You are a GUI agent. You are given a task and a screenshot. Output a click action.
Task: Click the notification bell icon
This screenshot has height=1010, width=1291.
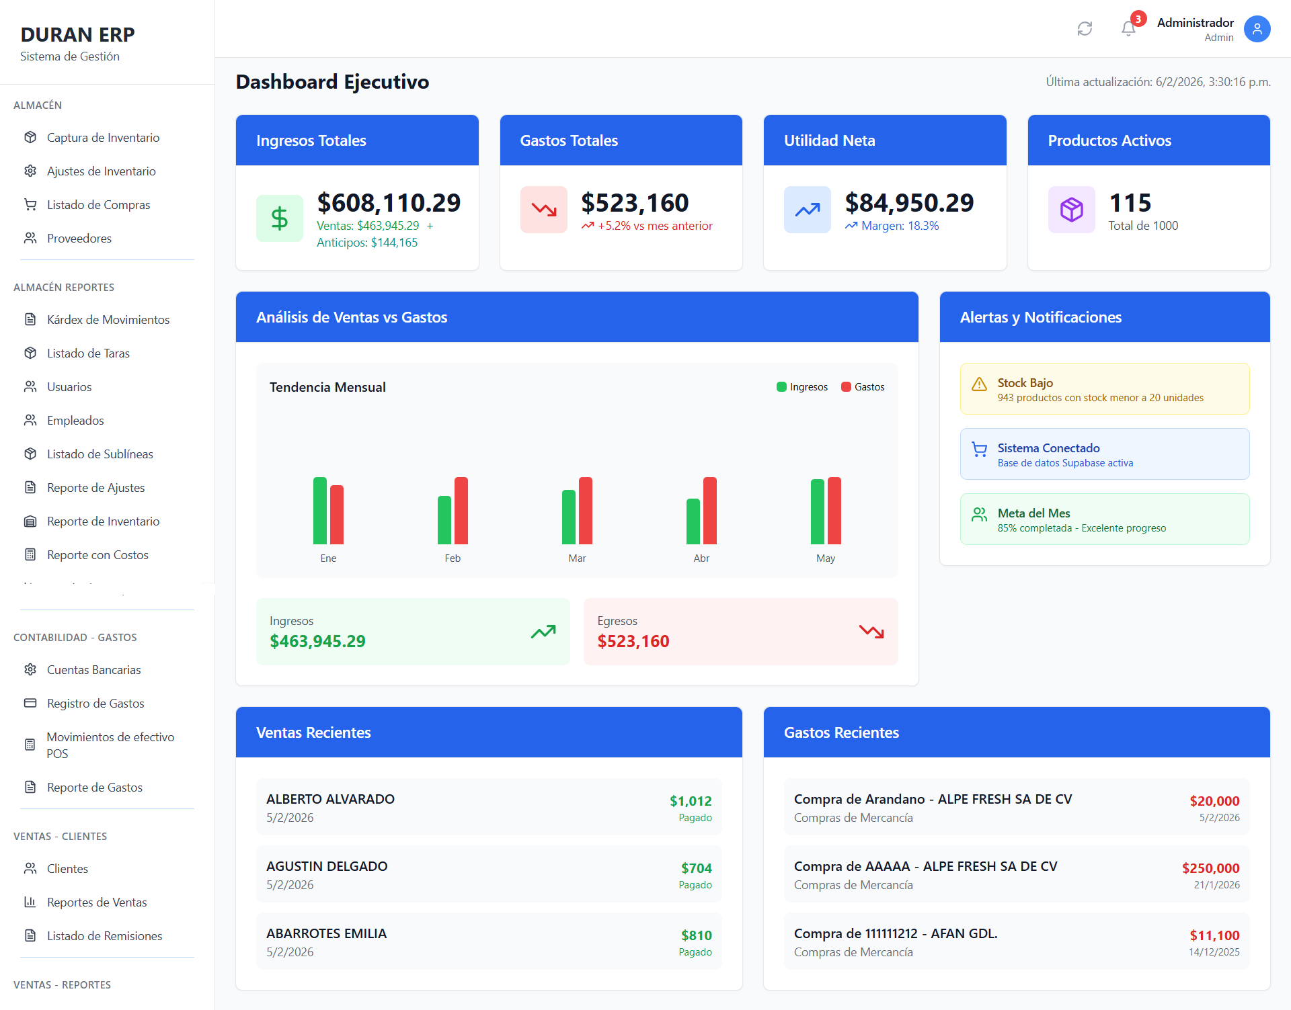click(1128, 29)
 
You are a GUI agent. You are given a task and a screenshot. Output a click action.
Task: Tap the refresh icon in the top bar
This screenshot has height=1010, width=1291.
click(1085, 29)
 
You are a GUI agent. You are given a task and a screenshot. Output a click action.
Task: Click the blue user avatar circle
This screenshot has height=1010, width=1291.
click(1256, 29)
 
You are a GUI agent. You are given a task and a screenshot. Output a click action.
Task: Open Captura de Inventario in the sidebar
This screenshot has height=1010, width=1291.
click(103, 138)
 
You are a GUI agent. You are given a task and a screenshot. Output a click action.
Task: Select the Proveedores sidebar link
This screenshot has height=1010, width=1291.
click(79, 239)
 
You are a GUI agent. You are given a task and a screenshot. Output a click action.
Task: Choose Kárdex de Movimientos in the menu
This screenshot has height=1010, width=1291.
click(108, 320)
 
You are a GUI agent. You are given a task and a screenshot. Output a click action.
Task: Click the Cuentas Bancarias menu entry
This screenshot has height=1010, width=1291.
click(93, 670)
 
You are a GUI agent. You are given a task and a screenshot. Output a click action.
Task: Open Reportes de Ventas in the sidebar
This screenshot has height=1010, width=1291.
click(96, 902)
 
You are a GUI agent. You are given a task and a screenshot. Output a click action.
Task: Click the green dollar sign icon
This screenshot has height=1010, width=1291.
click(279, 218)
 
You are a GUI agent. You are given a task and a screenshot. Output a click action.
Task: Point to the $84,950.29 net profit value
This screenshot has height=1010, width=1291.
click(909, 203)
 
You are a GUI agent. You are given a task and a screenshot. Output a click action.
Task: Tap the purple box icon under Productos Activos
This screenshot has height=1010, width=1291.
click(1071, 210)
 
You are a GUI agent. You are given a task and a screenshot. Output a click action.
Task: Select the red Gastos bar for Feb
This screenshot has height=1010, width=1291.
click(461, 511)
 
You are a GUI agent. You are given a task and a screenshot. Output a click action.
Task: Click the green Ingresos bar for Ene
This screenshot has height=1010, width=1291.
click(320, 511)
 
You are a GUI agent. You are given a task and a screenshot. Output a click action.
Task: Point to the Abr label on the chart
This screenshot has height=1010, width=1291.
click(701, 558)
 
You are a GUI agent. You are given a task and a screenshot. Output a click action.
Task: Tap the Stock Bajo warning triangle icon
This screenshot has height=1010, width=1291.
click(979, 384)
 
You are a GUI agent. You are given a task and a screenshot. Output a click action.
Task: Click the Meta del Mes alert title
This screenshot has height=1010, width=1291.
click(1033, 513)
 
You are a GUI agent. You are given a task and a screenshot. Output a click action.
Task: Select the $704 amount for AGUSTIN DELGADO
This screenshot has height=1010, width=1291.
click(696, 868)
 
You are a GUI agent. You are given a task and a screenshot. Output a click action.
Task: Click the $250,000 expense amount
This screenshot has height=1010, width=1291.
click(1210, 868)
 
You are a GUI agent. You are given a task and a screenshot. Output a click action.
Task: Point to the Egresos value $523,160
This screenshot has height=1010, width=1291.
click(633, 642)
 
